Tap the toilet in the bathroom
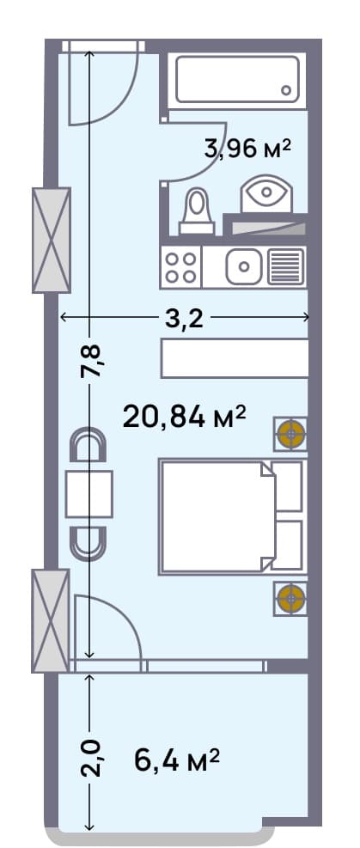[197, 212]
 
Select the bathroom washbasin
[266, 194]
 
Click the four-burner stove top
[180, 266]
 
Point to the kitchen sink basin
[245, 266]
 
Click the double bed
[230, 517]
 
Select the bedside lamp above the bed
[291, 434]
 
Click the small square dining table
[88, 495]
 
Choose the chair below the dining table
[88, 540]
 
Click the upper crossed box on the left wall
[51, 240]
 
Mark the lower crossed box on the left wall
[50, 620]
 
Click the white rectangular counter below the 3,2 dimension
[235, 358]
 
